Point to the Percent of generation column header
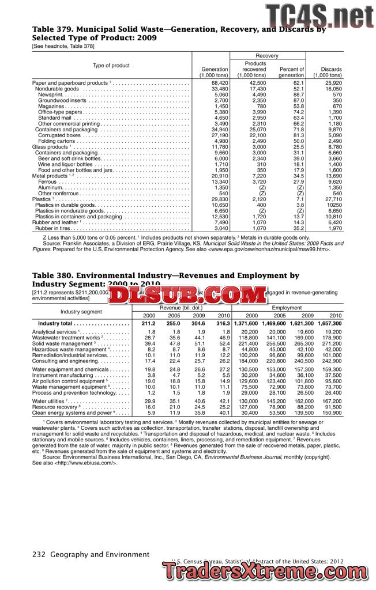click(291, 73)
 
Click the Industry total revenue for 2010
click(223, 324)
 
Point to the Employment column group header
click(287, 308)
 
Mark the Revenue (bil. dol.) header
click(182, 308)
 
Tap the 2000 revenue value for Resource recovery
click(149, 407)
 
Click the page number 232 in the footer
click(39, 555)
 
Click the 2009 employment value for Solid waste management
click(304, 343)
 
